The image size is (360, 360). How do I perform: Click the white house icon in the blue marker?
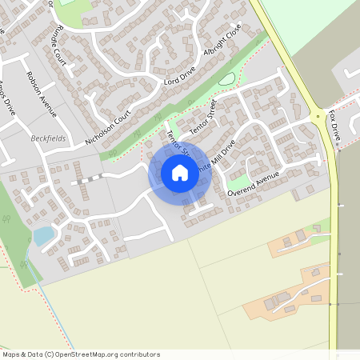click(x=179, y=172)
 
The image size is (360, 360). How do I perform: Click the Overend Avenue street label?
click(x=253, y=183)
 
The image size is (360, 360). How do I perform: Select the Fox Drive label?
click(x=334, y=127)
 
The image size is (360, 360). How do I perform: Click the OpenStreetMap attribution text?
click(x=80, y=354)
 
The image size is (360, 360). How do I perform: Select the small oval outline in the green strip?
click(x=227, y=79)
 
